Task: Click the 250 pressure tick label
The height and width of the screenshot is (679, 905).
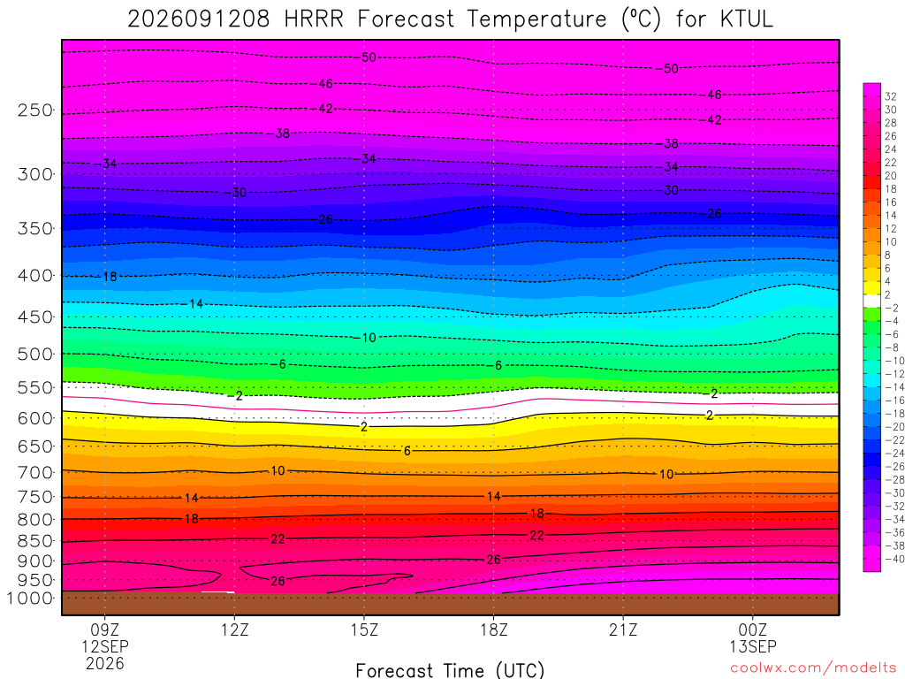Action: point(34,110)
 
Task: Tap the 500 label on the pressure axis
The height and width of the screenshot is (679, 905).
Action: point(34,354)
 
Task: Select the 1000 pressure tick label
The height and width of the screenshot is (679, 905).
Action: point(30,599)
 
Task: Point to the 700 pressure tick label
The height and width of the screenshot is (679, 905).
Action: point(34,473)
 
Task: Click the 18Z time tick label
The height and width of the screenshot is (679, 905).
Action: point(494,629)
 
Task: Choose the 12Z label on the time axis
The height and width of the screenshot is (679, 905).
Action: point(234,629)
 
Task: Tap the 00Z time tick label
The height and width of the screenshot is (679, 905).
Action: point(753,629)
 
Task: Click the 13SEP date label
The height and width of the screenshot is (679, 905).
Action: point(753,646)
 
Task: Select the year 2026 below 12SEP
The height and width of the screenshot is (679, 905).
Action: point(105,664)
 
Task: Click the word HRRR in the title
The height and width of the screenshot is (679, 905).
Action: point(314,19)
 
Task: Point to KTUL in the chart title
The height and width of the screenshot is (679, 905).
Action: point(746,19)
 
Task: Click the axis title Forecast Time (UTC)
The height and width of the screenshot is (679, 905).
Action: point(450,670)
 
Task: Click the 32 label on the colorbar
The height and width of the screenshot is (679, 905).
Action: point(891,96)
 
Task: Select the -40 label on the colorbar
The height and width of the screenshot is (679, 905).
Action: point(894,559)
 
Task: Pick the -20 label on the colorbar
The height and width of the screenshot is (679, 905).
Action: point(894,427)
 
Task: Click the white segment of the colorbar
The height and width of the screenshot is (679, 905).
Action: point(871,301)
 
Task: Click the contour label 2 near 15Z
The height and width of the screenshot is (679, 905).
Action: point(363,427)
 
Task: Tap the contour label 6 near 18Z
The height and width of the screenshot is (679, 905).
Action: point(498,365)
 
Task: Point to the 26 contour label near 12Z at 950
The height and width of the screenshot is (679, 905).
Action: point(278,581)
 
